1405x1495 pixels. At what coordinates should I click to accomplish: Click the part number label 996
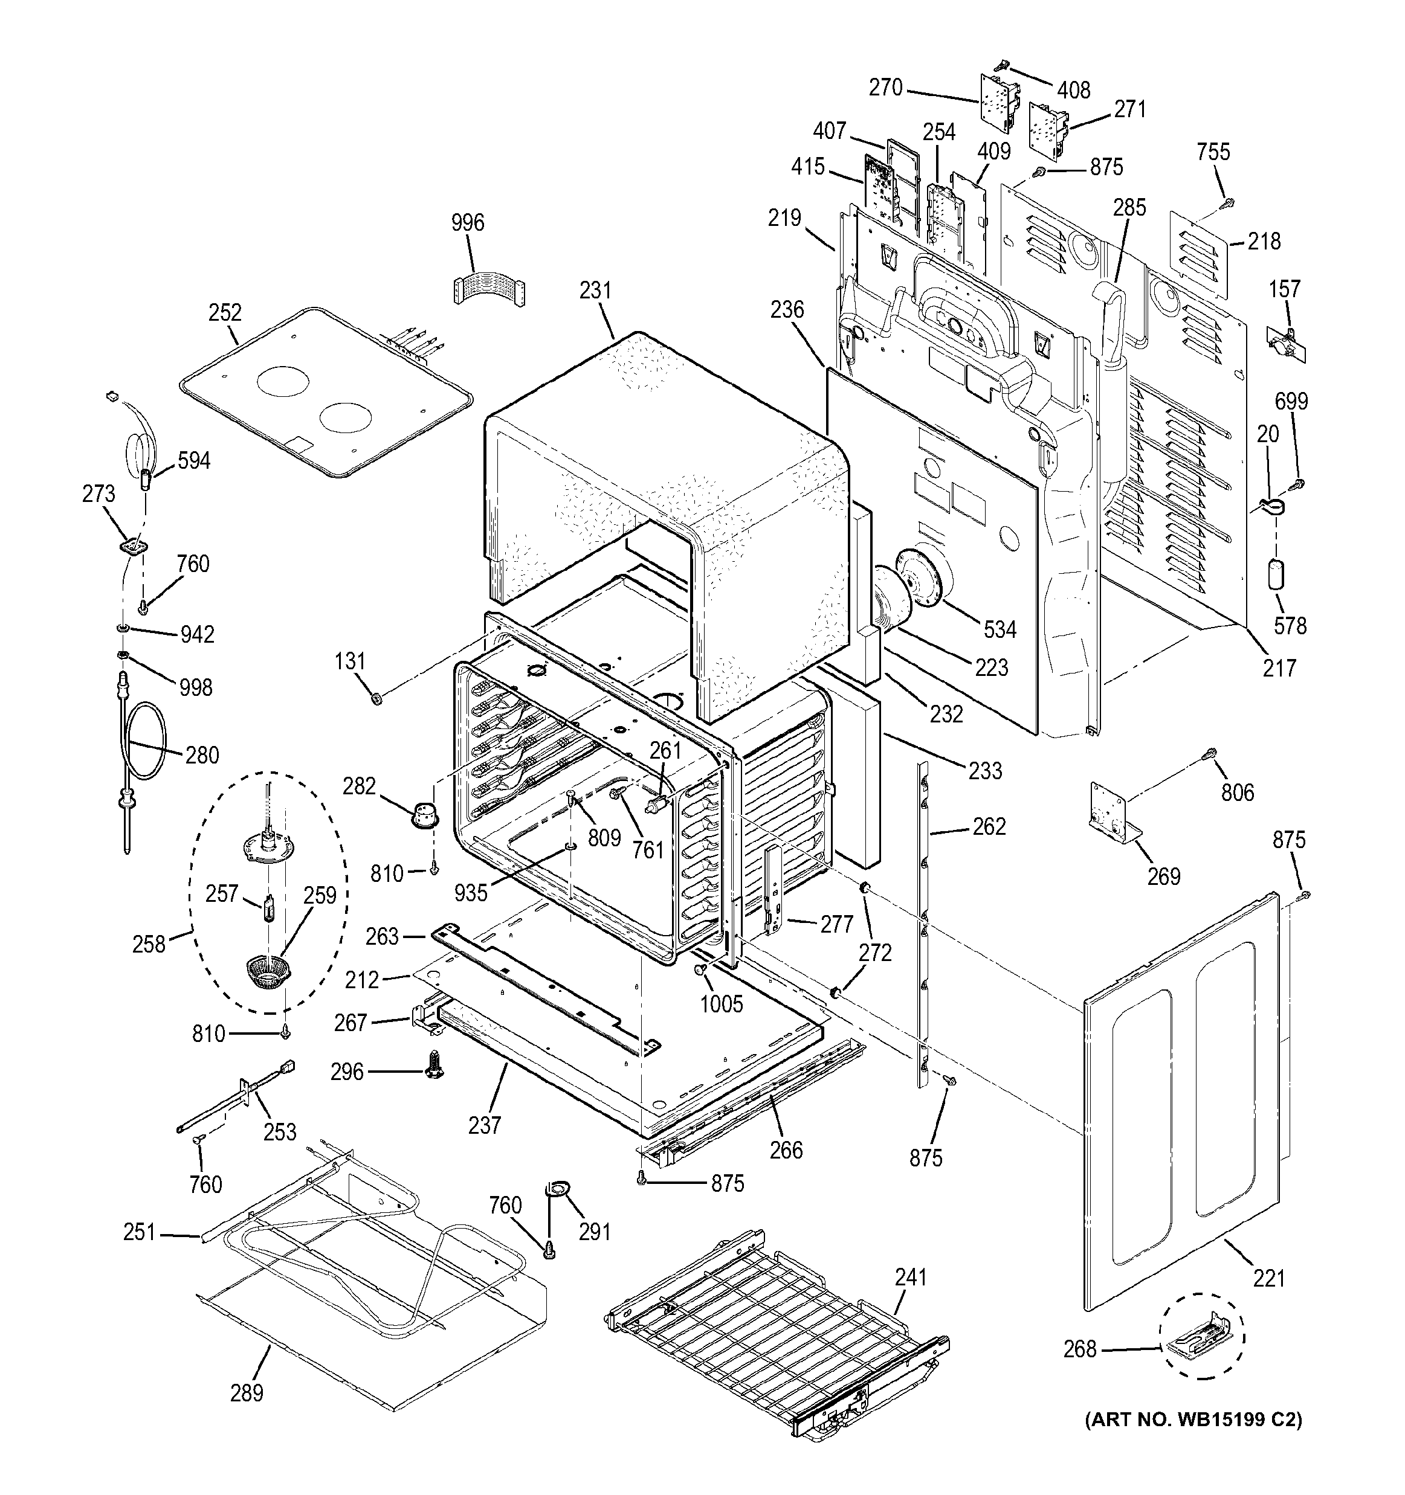468,223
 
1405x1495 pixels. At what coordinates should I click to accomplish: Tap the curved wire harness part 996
489,288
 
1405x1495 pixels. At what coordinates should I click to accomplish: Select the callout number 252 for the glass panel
225,313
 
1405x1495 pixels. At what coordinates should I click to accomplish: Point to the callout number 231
596,291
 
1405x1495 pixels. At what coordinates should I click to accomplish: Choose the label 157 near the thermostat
1284,289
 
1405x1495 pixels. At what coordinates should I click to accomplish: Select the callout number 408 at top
1073,90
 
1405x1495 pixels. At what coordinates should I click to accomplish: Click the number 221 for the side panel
1269,1278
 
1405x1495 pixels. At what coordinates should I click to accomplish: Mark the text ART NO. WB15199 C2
1193,1439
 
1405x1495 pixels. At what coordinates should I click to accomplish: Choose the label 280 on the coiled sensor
202,754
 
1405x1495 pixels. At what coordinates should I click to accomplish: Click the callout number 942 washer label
196,634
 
